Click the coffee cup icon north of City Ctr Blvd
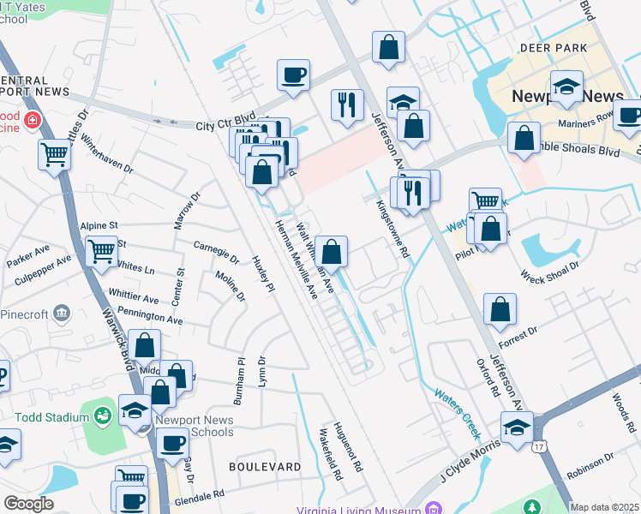click(294, 75)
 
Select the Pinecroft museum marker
click(62, 312)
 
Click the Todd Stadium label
click(51, 417)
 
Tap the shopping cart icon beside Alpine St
click(102, 251)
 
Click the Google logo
click(28, 504)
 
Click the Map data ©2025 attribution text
click(604, 508)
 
